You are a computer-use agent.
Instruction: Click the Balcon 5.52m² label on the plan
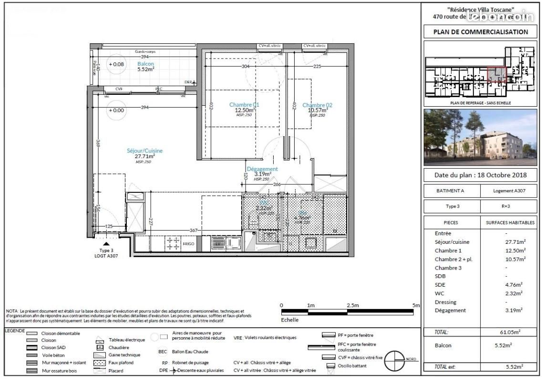(x=145, y=66)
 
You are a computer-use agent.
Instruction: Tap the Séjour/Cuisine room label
(x=144, y=153)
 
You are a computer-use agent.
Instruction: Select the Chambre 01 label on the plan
(x=244, y=108)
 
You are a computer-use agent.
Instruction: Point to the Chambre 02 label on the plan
(x=317, y=108)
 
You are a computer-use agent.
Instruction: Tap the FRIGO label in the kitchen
(x=189, y=243)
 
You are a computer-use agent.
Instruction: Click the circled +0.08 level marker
(x=116, y=64)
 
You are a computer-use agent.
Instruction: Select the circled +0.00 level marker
(x=116, y=110)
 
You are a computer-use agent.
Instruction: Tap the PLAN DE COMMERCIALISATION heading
(x=480, y=32)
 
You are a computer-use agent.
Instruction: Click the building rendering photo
(x=480, y=137)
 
